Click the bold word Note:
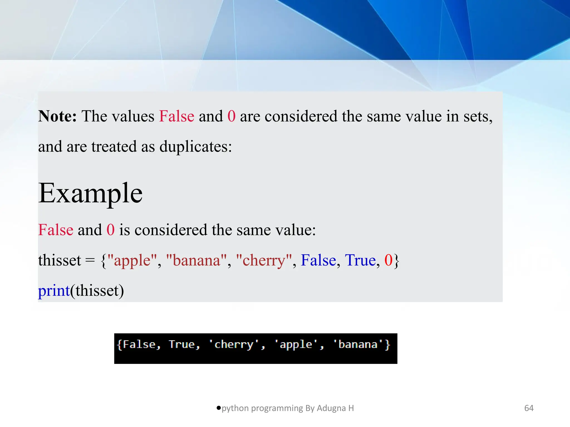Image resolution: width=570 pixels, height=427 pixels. click(57, 116)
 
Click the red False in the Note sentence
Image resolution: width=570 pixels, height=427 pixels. click(176, 116)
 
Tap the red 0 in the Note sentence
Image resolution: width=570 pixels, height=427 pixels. click(231, 116)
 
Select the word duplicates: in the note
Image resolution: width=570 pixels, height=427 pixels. click(195, 147)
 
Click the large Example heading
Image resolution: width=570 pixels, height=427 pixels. click(90, 193)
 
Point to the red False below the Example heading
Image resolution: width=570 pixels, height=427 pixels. click(56, 230)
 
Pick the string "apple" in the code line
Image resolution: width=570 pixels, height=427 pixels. click(132, 260)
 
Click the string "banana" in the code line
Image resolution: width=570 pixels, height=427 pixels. click(196, 260)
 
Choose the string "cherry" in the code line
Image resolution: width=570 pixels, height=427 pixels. click(264, 260)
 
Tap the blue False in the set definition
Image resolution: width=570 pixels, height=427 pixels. click(318, 260)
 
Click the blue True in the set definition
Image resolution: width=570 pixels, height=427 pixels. click(360, 260)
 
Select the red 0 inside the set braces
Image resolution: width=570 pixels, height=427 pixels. click(388, 260)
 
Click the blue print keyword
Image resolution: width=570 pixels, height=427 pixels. click(54, 291)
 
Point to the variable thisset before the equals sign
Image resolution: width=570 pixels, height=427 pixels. click(60, 260)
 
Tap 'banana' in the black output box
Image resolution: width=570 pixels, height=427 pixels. click(358, 345)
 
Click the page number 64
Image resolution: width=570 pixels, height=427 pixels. click(529, 408)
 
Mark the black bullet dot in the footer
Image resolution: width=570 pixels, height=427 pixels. click(219, 408)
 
